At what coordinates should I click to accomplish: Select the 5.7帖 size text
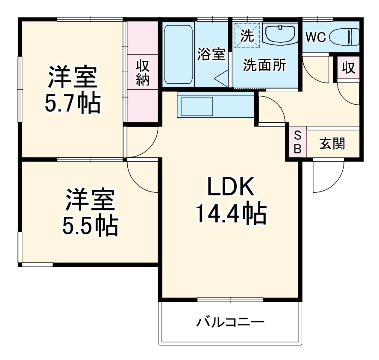click(74, 103)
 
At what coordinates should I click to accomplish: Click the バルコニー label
click(230, 322)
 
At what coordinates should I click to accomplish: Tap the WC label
click(315, 37)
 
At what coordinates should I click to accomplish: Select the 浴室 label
click(211, 54)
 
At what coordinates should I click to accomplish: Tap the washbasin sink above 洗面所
click(280, 34)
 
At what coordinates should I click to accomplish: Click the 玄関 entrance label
click(332, 144)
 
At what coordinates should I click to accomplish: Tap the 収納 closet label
click(142, 73)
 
